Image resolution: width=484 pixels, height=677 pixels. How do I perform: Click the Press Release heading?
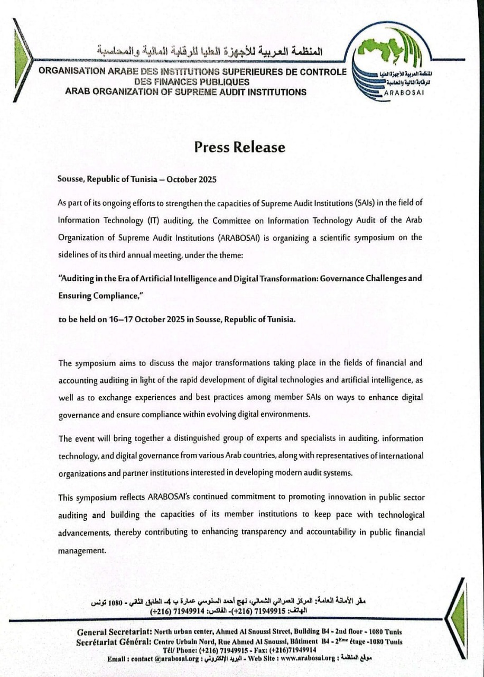[x=239, y=147]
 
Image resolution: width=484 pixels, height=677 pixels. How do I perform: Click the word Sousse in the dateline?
[x=70, y=179]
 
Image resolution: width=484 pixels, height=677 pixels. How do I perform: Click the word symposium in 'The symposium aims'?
[x=97, y=363]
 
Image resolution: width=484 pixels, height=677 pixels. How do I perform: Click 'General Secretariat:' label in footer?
[x=115, y=632]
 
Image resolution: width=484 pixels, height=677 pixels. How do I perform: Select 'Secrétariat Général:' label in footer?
[x=115, y=642]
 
